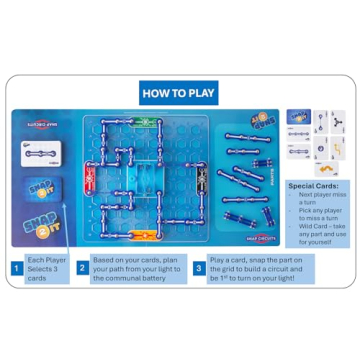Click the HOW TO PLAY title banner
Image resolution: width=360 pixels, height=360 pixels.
(179, 95)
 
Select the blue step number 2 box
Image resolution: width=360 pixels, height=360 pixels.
(83, 268)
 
